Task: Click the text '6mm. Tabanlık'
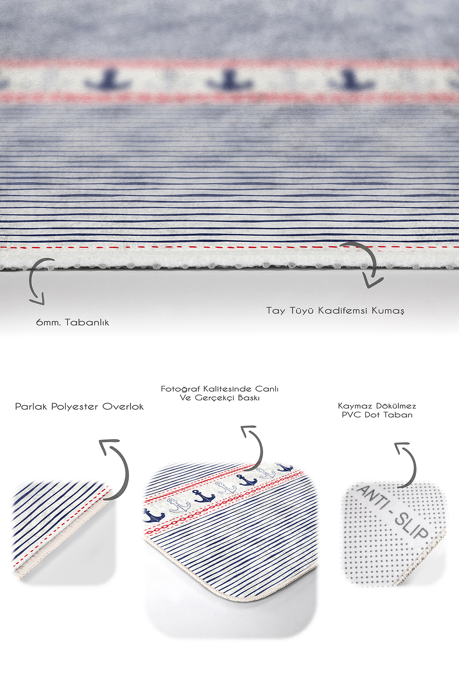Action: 73,322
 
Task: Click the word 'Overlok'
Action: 123,406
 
